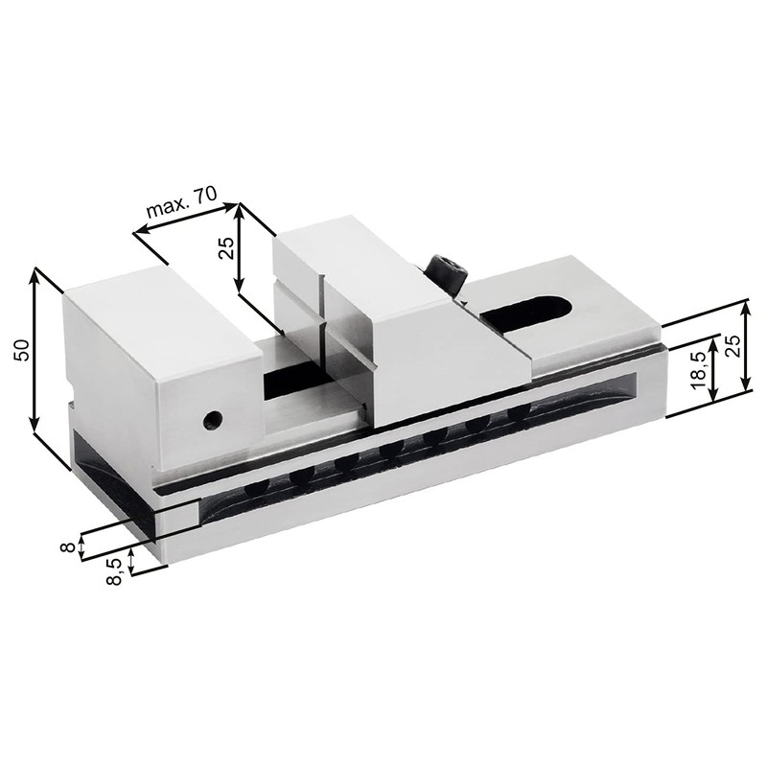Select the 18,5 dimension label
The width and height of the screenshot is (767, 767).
point(699,368)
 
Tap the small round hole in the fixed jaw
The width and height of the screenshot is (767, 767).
point(214,418)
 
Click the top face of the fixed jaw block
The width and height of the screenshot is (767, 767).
point(158,305)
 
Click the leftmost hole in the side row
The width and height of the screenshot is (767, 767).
point(255,486)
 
